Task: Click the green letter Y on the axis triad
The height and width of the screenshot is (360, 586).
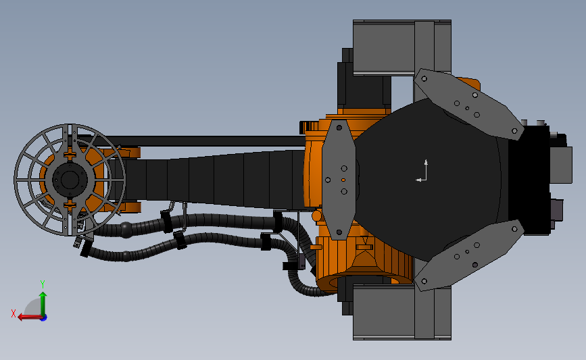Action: [x=43, y=284]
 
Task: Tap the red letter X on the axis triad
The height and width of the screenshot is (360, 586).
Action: [x=14, y=313]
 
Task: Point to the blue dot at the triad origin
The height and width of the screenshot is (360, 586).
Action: [x=44, y=318]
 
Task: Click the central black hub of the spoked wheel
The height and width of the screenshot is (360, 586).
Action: [x=70, y=180]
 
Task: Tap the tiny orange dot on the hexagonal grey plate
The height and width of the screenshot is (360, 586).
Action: [x=343, y=180]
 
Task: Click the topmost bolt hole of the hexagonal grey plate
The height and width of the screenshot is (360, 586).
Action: [x=339, y=128]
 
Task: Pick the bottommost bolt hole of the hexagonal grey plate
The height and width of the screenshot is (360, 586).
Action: [x=339, y=232]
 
